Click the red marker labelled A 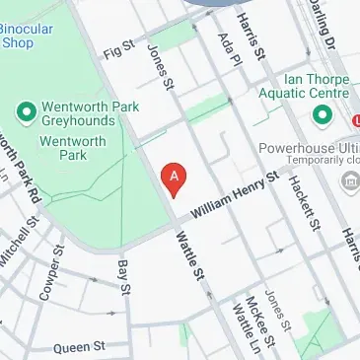tap(175, 178)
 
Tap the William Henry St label tap(236, 195)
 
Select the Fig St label tap(116, 45)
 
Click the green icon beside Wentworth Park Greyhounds tap(26, 108)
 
